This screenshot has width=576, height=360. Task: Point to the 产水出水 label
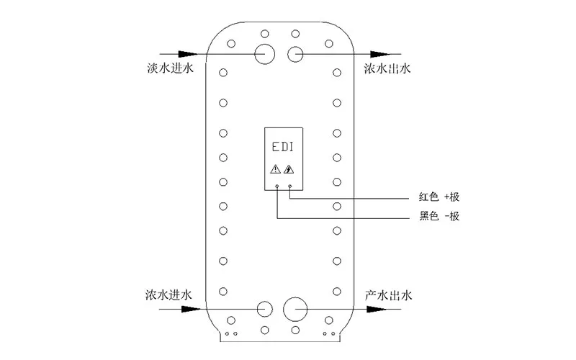[387, 295]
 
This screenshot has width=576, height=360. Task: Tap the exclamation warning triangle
[275, 170]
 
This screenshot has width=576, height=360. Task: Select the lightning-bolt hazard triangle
[290, 170]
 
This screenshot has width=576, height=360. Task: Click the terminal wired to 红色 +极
[290, 186]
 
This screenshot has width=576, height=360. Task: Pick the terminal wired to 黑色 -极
[277, 186]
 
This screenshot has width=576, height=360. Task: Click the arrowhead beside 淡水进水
[189, 54]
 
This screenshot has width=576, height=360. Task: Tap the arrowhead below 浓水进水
[189, 308]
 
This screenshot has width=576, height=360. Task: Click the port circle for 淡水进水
[264, 54]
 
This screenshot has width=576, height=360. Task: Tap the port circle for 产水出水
[294, 308]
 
